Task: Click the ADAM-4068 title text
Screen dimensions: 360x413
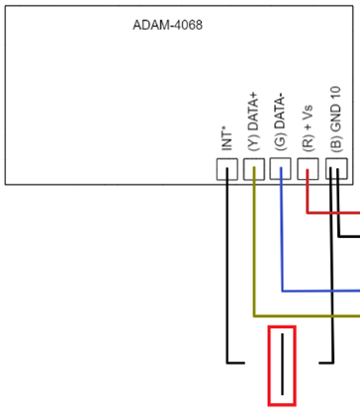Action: click(167, 25)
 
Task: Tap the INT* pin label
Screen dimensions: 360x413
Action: click(226, 141)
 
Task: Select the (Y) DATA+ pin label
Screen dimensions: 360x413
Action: click(253, 122)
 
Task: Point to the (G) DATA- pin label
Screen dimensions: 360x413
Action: click(281, 123)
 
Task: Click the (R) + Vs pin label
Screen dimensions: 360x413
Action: click(308, 128)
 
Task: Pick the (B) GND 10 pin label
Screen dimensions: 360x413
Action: click(336, 119)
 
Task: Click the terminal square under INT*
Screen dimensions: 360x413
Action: click(227, 169)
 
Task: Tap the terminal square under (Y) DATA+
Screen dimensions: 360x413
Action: click(254, 169)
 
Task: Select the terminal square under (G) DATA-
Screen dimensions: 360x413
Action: click(281, 169)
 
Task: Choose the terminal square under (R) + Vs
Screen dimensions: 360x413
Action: click(308, 169)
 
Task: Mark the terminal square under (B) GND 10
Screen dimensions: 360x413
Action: click(336, 169)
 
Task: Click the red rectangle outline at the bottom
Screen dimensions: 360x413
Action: click(269, 366)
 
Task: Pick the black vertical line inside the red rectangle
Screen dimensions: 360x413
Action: click(282, 364)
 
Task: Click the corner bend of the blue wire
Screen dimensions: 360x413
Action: click(282, 291)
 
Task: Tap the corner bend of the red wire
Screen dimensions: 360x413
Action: click(308, 212)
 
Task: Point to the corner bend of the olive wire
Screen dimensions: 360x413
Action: click(254, 316)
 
